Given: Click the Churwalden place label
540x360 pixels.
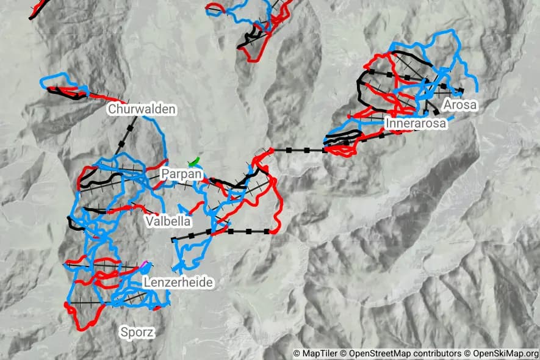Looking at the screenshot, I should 142,109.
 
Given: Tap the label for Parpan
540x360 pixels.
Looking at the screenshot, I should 181,174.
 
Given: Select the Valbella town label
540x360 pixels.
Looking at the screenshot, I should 168,221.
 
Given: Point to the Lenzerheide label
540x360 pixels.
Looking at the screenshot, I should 178,283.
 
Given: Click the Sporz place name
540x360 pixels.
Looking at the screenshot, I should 137,333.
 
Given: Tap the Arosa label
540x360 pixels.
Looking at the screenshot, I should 460,105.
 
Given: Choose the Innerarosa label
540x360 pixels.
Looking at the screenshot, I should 416,123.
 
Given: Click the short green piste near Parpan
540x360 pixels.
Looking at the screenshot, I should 195,162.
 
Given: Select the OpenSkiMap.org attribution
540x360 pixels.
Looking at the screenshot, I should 502,353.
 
